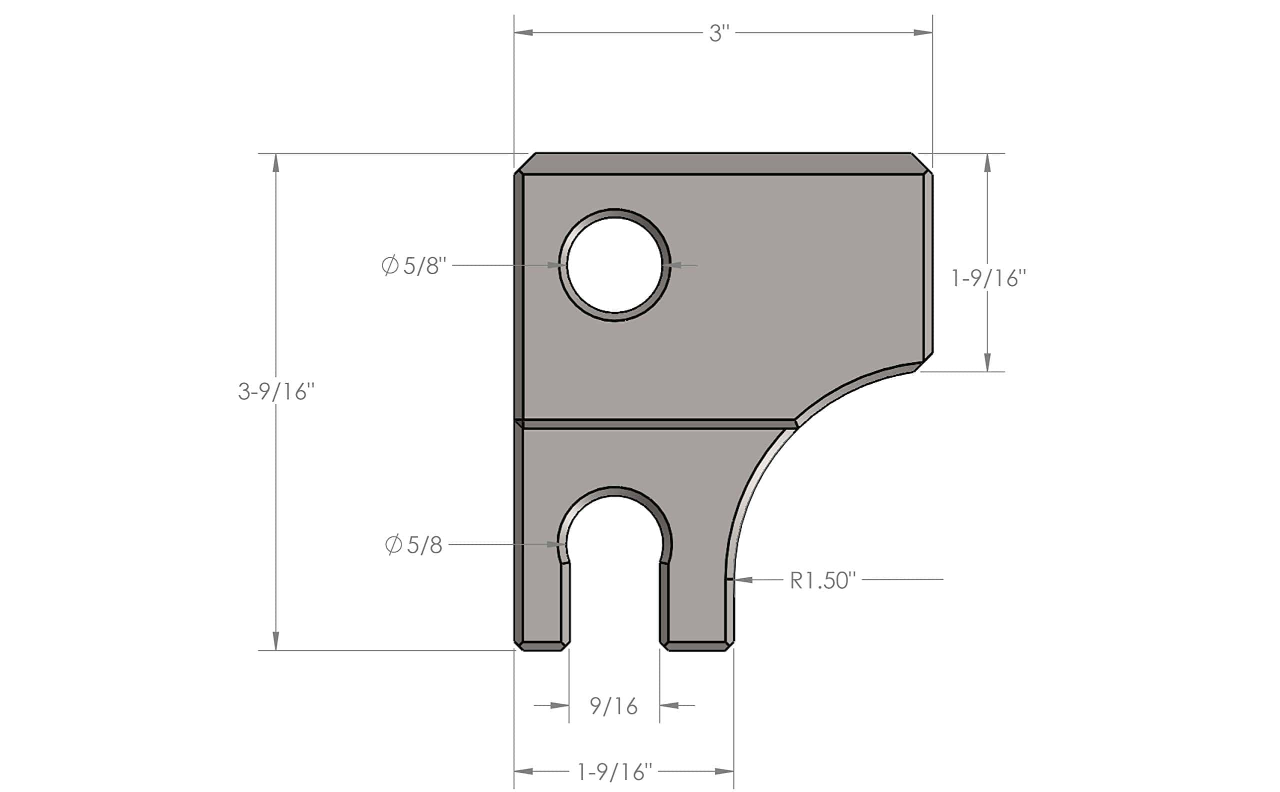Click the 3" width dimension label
point(719,34)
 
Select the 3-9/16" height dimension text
point(276,391)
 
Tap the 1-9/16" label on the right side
point(988,278)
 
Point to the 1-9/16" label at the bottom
point(614,771)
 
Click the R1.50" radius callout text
point(822,580)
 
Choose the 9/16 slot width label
point(613,706)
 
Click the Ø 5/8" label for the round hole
point(414,266)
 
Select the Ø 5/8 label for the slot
point(413,545)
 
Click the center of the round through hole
point(614,265)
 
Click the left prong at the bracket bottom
point(542,607)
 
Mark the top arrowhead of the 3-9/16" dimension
point(276,163)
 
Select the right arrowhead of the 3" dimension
point(923,33)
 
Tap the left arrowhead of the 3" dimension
point(523,33)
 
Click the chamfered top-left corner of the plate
point(525,163)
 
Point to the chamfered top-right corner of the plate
point(921,163)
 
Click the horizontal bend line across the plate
point(654,424)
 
